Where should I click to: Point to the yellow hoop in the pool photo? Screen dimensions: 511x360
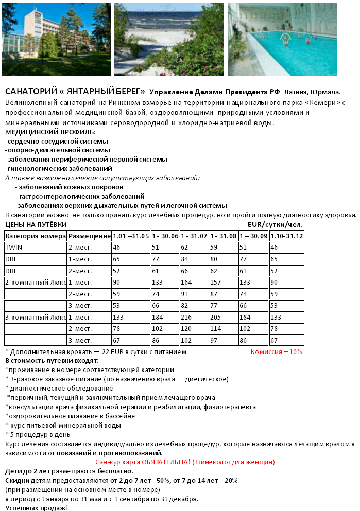pos(285,37)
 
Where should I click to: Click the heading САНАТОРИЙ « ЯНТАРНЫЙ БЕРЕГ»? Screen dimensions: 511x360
pos(75,91)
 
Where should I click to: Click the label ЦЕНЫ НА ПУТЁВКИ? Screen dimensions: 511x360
pos(36,224)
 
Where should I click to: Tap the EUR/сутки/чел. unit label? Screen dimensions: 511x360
pos(275,224)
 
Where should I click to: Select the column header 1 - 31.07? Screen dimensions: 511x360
pos(194,236)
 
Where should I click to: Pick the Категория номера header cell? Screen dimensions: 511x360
pos(35,236)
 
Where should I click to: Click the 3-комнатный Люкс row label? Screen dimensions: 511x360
pos(35,317)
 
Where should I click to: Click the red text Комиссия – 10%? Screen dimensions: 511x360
pos(276,352)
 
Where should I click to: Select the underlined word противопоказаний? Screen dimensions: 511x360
pos(130,453)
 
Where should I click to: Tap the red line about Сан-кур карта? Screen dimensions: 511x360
pos(185,462)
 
